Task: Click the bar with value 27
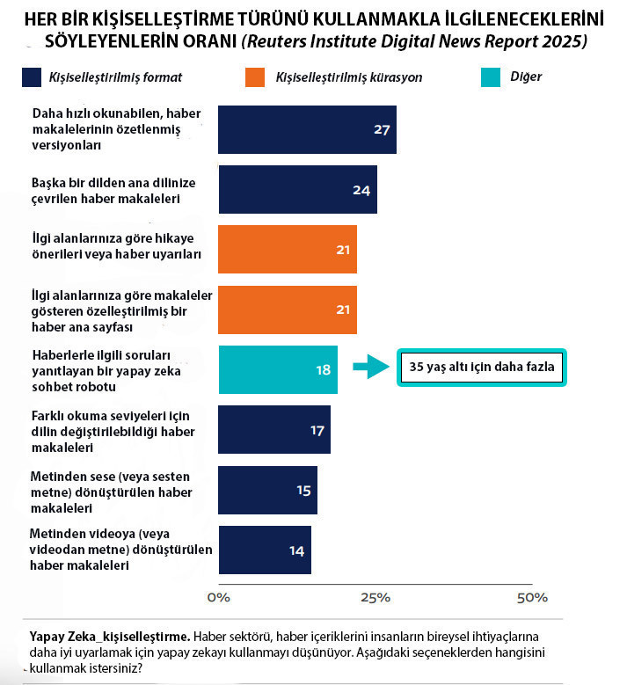pos(307,129)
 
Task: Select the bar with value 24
pos(297,190)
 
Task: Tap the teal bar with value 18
pos(278,369)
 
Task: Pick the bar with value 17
pos(274,430)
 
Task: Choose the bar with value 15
pos(267,490)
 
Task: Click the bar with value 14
pos(265,550)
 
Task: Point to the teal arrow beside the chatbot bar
pos(370,368)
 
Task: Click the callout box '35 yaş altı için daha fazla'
pos(481,368)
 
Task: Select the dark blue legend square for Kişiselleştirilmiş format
pos(32,77)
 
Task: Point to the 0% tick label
pos(217,598)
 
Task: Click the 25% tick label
pos(375,598)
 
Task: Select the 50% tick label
pos(531,598)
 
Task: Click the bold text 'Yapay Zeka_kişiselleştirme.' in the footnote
pos(110,636)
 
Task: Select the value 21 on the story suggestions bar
pos(343,250)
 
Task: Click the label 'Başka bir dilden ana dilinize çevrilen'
pos(113,190)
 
